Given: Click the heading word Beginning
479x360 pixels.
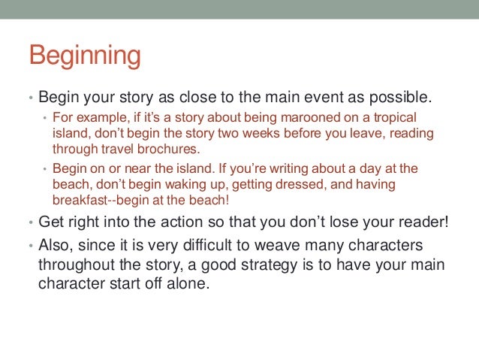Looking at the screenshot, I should click(x=84, y=57).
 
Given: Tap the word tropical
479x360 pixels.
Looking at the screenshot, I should click(x=394, y=118).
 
